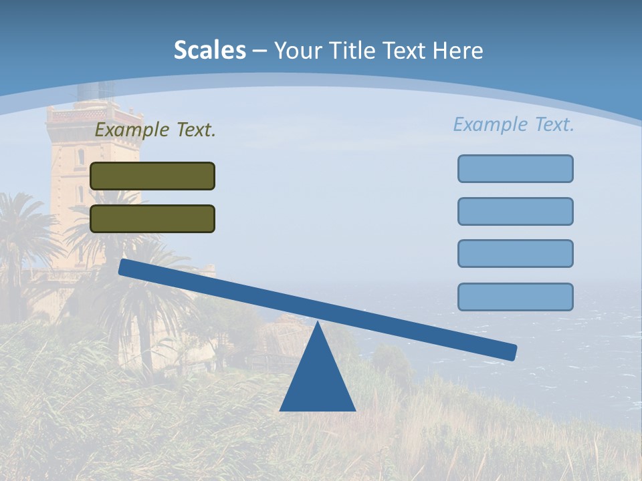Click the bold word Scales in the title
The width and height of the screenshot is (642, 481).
(209, 50)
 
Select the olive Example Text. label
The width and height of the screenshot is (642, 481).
(155, 130)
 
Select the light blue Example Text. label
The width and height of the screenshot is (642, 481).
(514, 124)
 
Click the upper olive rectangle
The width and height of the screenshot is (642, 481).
(152, 176)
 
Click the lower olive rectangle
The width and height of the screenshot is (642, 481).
(152, 218)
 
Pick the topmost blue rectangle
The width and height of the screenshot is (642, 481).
(515, 168)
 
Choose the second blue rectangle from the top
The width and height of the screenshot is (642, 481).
(515, 211)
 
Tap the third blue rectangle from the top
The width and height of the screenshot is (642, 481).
(515, 253)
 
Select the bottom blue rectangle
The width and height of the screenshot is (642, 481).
(515, 297)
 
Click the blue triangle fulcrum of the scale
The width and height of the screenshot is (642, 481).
(318, 381)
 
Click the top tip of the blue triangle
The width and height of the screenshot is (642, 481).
(318, 324)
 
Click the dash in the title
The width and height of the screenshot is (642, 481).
(260, 51)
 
